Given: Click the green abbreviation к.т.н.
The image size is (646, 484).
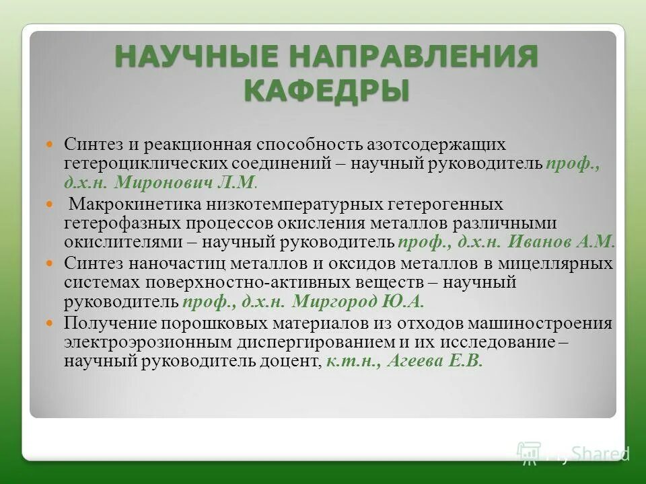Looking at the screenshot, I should pyautogui.click(x=355, y=360).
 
